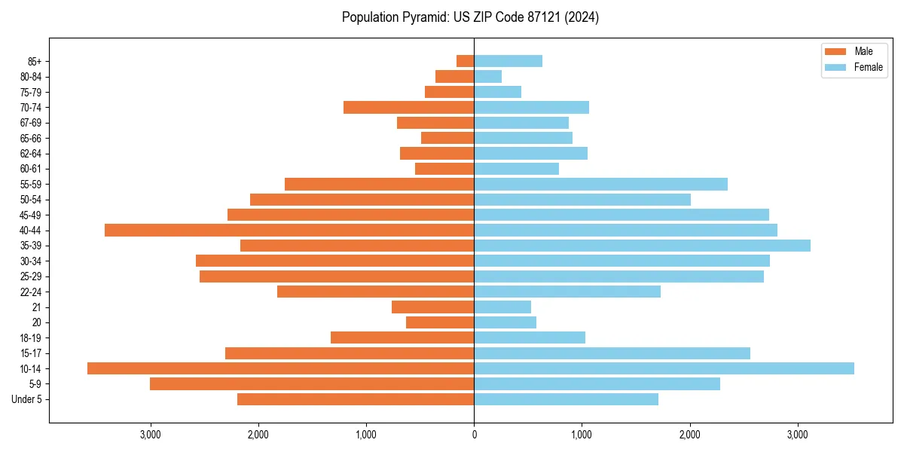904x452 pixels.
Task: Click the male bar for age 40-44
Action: pyautogui.click(x=289, y=230)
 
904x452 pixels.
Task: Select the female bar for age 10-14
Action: pyautogui.click(x=664, y=368)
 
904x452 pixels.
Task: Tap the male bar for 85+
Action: pyautogui.click(x=466, y=61)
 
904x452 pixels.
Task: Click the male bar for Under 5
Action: pyautogui.click(x=356, y=399)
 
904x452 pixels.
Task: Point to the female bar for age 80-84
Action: pyautogui.click(x=487, y=76)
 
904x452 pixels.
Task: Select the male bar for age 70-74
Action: pyautogui.click(x=409, y=107)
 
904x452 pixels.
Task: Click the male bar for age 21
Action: pyautogui.click(x=433, y=307)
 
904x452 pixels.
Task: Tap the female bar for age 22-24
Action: pyautogui.click(x=567, y=292)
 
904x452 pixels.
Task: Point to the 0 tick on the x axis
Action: pyautogui.click(x=474, y=435)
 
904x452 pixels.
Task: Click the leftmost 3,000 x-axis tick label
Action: pyautogui.click(x=150, y=435)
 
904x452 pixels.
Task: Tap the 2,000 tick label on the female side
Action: pyautogui.click(x=690, y=435)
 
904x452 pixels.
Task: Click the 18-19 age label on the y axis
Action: pyautogui.click(x=31, y=337)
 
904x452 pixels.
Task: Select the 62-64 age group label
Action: pyautogui.click(x=31, y=153)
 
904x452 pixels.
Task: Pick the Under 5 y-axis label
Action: pyautogui.click(x=27, y=399)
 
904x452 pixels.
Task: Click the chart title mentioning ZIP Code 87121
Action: pyautogui.click(x=470, y=17)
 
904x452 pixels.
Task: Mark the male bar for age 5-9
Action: pyautogui.click(x=312, y=383)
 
